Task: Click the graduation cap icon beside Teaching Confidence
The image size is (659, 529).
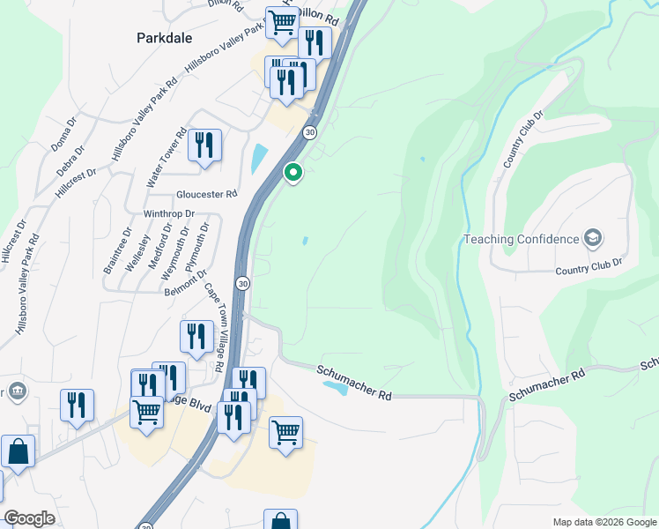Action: click(x=593, y=238)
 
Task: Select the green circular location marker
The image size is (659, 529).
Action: click(x=293, y=173)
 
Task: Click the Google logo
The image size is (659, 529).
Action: click(x=30, y=518)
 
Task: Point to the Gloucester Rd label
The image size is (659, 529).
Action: click(x=207, y=194)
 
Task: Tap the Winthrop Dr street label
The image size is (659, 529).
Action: click(x=169, y=213)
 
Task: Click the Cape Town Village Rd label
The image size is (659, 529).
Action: click(x=214, y=326)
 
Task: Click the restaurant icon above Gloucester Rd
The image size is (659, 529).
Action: click(x=204, y=145)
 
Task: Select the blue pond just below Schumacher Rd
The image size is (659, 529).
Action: click(x=335, y=386)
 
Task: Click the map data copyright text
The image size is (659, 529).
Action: click(x=603, y=521)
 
